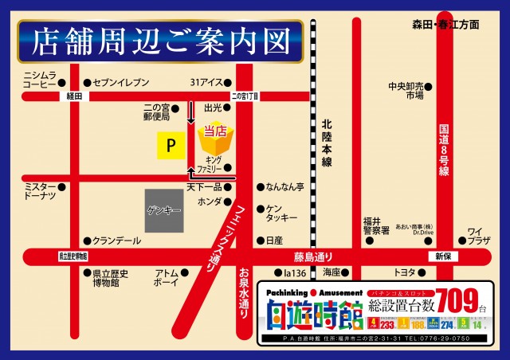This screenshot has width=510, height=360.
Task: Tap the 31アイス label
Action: pos(205,82)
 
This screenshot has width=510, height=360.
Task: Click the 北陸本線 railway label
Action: pos(326,143)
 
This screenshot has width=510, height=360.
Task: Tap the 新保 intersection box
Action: pos(443,257)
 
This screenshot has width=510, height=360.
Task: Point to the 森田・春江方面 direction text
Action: pos(446,25)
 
